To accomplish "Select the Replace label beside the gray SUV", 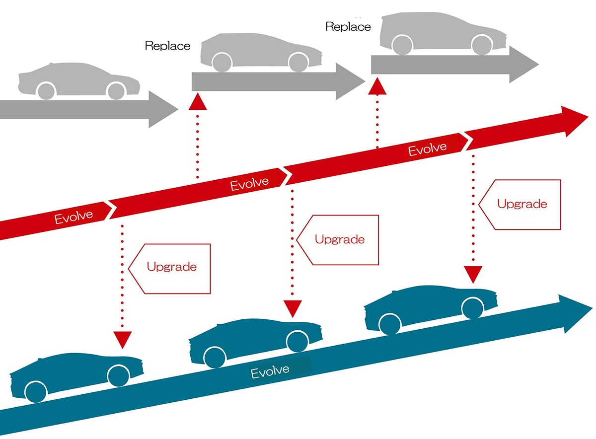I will click(x=348, y=27).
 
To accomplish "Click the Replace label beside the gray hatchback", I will click(x=167, y=46).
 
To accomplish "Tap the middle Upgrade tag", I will click(x=339, y=239).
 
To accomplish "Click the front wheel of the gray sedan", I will click(x=116, y=91).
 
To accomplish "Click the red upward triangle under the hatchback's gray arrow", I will click(x=198, y=102).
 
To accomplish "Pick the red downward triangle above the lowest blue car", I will click(x=122, y=340).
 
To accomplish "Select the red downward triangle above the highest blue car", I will click(x=473, y=274).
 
